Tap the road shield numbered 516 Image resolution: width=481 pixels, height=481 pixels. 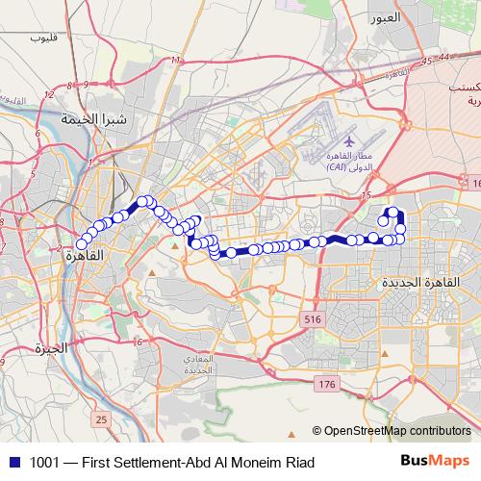(x=311, y=318)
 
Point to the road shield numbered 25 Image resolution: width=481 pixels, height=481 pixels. (x=101, y=419)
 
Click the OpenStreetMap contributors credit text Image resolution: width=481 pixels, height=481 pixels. (x=396, y=430)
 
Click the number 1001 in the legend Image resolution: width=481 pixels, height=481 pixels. (x=46, y=463)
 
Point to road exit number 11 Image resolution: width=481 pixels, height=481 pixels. (x=175, y=61)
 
